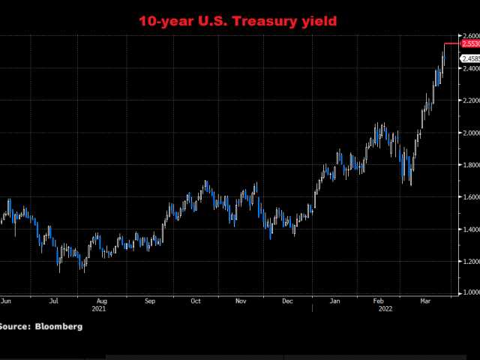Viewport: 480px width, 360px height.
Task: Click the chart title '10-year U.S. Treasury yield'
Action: tap(239, 21)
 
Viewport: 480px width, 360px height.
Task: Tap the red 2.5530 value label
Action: tap(470, 44)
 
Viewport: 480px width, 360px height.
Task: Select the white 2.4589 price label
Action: tap(470, 58)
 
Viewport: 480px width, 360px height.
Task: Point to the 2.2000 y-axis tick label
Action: tap(469, 100)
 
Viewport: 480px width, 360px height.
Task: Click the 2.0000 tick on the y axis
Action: tap(469, 133)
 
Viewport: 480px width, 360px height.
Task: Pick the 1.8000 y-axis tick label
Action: tap(469, 165)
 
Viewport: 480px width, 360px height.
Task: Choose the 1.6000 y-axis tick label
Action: tap(469, 197)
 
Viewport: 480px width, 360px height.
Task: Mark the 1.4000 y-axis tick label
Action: tap(469, 229)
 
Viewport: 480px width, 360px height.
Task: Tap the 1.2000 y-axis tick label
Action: tap(469, 262)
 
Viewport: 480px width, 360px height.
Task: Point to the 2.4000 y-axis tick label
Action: tap(469, 69)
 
